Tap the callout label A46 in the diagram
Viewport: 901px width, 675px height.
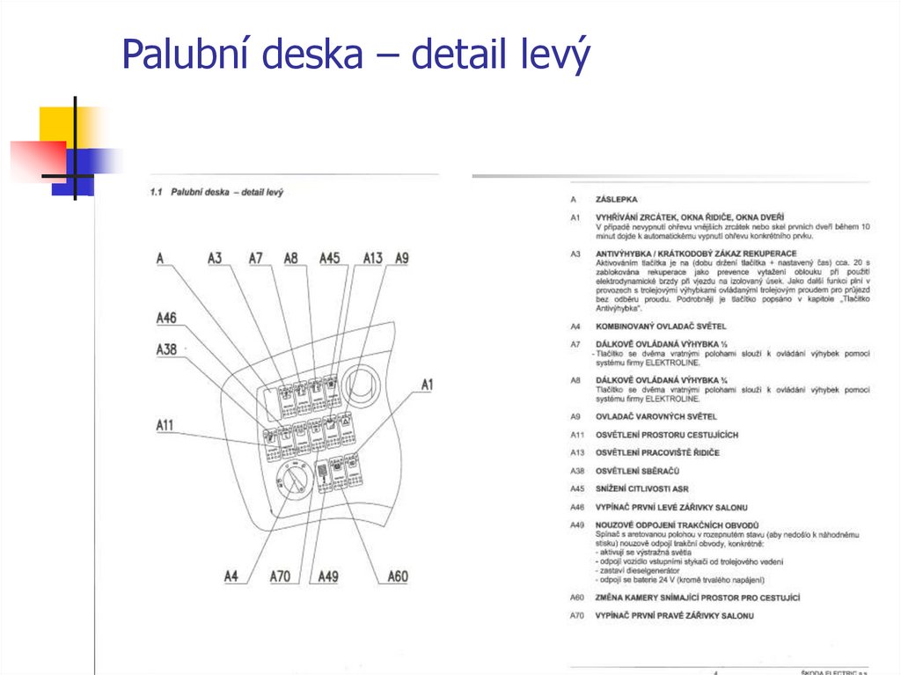(x=166, y=318)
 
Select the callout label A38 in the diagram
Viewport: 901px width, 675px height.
(x=166, y=349)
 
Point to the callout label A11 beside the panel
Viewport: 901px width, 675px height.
(x=166, y=426)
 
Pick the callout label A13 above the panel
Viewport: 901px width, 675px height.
(x=373, y=258)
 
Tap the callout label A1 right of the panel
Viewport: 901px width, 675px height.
(x=428, y=385)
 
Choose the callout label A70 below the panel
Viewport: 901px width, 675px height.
(x=280, y=576)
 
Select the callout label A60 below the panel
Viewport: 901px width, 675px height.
(x=398, y=576)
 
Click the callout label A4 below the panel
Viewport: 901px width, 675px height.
(x=231, y=576)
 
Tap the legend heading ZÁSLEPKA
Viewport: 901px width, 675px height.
(x=616, y=200)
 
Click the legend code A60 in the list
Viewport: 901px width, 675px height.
(x=577, y=598)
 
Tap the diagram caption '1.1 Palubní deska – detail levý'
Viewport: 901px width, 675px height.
(x=216, y=191)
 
